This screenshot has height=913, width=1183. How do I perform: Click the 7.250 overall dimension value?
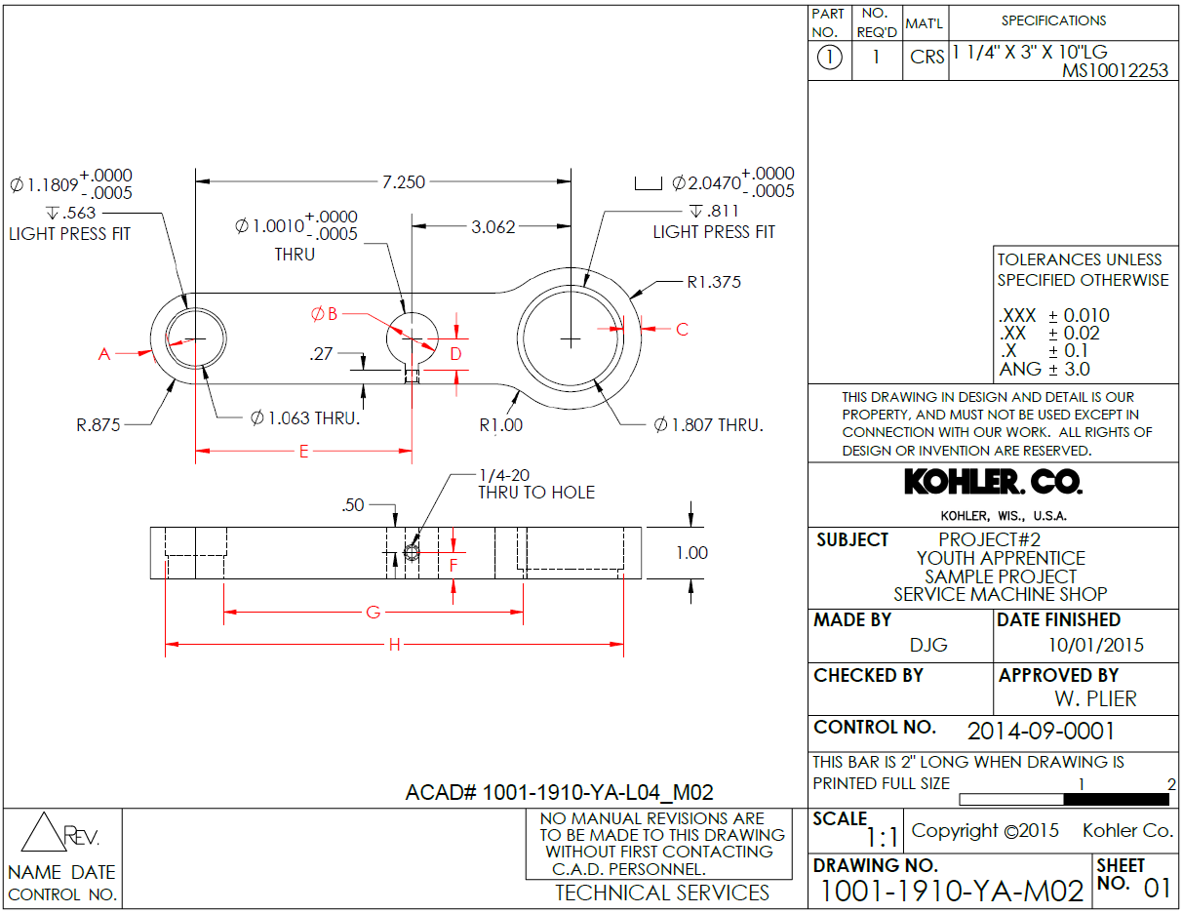(403, 181)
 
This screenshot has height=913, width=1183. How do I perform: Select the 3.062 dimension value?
(493, 227)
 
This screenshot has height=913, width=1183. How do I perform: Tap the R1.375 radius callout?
(714, 283)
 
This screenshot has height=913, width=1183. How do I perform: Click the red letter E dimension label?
(304, 453)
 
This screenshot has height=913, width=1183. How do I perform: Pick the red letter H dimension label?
(394, 645)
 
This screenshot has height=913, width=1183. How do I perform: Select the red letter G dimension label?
(373, 613)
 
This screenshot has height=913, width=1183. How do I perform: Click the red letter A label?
(104, 355)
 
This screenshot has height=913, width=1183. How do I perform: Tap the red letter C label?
(682, 330)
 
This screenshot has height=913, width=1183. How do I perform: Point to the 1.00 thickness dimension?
(691, 553)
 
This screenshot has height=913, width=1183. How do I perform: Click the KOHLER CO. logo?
(993, 483)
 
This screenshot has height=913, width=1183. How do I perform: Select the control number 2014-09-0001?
(1041, 732)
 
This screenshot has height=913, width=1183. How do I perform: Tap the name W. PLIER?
(1095, 699)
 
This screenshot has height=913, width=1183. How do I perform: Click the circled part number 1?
(828, 58)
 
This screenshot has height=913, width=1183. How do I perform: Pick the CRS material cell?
(927, 58)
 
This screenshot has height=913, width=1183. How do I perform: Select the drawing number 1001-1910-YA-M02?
(952, 891)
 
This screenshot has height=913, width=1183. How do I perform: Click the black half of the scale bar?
(1116, 799)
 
